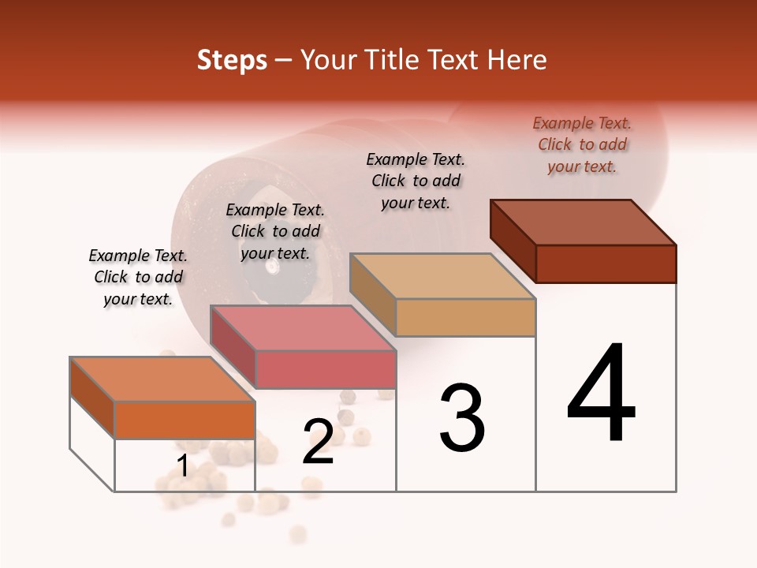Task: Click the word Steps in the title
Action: click(x=232, y=60)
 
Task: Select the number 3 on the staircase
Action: click(x=462, y=417)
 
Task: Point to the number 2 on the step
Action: click(x=319, y=442)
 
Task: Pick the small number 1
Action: click(x=183, y=465)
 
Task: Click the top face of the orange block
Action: click(x=162, y=379)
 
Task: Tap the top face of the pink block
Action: click(x=302, y=327)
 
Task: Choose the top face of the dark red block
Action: click(x=583, y=222)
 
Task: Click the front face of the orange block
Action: click(x=185, y=420)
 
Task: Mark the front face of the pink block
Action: click(x=325, y=369)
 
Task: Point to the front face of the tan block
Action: click(x=465, y=317)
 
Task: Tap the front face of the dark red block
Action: click(x=606, y=263)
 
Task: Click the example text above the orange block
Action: click(x=138, y=277)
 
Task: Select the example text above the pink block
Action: click(x=275, y=231)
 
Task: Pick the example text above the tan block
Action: click(x=416, y=181)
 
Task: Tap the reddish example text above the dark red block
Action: click(x=582, y=144)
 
